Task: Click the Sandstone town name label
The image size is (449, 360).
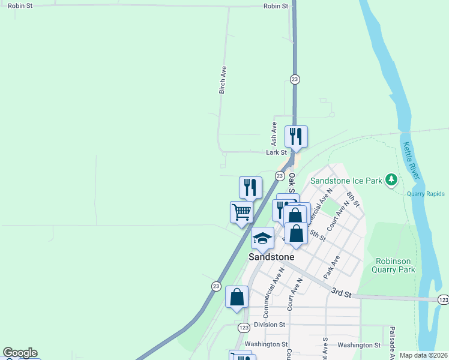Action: point(272,257)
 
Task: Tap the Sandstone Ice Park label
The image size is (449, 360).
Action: point(346,180)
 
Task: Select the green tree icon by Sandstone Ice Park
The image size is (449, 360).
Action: point(392,179)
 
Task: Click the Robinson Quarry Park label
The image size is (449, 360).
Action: point(395,265)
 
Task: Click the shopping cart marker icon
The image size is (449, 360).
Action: point(241,212)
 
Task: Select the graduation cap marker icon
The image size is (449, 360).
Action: point(262,238)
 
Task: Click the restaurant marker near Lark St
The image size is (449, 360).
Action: point(296,137)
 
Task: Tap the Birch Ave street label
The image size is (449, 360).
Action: point(223,80)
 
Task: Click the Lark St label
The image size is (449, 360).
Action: point(276,152)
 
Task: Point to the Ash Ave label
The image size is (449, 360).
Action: point(274,134)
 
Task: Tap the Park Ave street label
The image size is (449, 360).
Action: point(331,267)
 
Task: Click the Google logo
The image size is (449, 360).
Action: point(20,353)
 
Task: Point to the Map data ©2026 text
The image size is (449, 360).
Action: point(423,355)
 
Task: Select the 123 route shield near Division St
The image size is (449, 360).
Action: point(243,328)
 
